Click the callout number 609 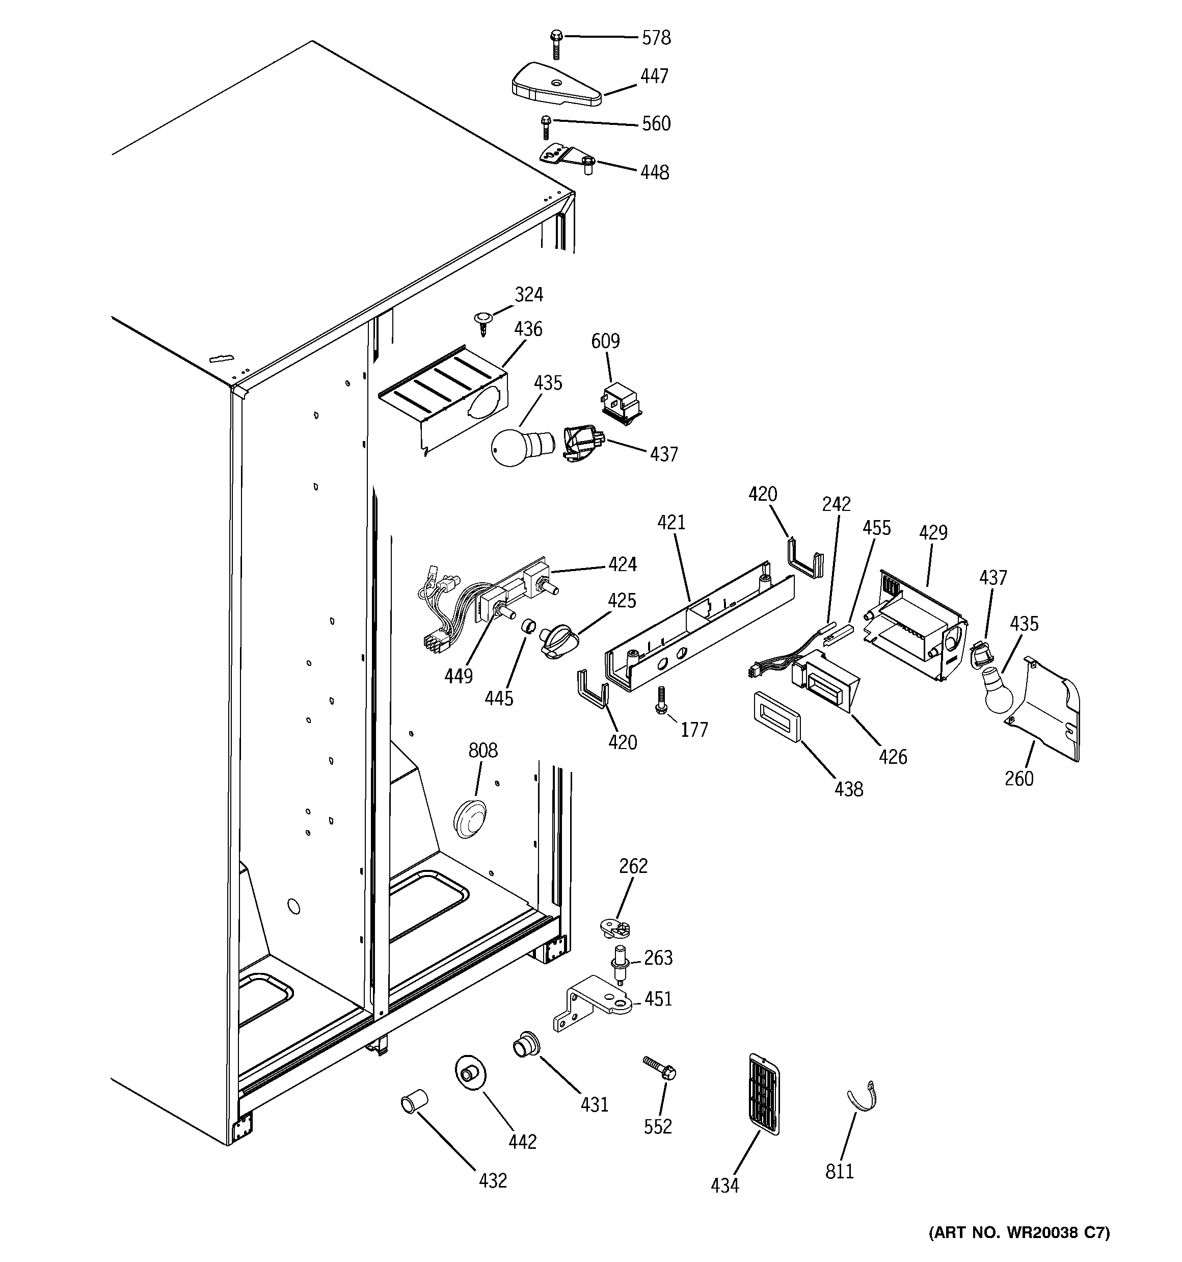click(x=605, y=341)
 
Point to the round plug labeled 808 click(x=470, y=818)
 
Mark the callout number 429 click(x=933, y=533)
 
